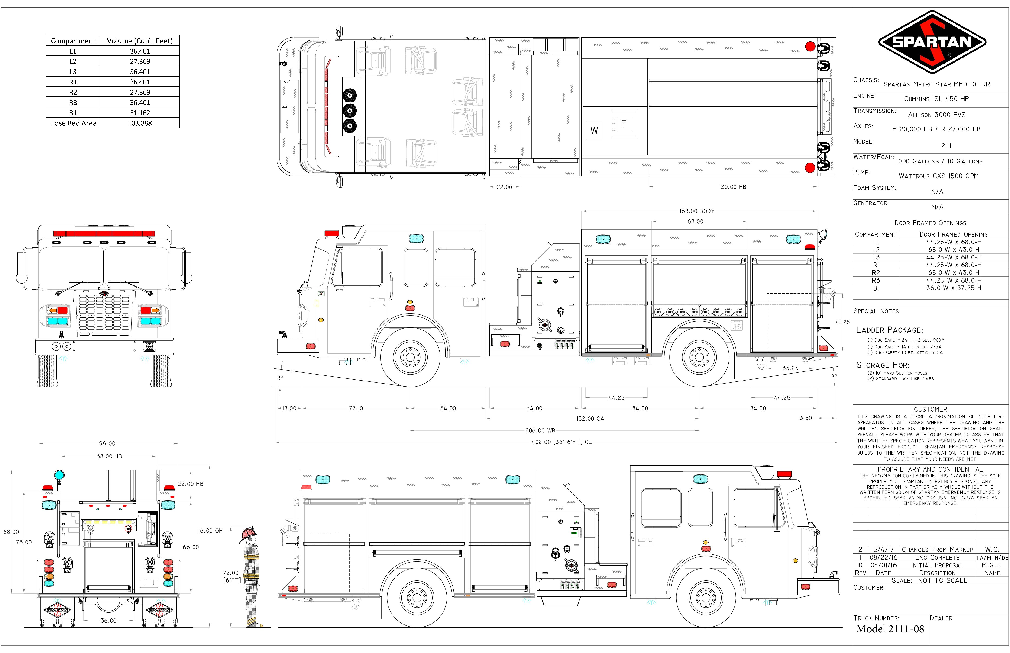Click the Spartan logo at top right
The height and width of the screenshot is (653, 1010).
(x=932, y=42)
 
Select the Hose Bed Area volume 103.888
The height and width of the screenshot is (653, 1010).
(x=140, y=123)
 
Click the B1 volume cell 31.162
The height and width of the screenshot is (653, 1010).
(x=140, y=113)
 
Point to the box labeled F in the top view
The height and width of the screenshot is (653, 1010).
(x=624, y=124)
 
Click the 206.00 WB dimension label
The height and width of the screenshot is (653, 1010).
(x=540, y=430)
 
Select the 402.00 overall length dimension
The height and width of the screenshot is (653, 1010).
(x=561, y=442)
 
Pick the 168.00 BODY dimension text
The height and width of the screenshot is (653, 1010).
(x=697, y=211)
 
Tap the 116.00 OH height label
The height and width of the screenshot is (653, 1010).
(x=209, y=531)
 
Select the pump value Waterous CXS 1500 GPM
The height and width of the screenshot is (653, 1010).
(x=939, y=176)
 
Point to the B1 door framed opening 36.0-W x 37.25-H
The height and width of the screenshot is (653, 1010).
(x=954, y=288)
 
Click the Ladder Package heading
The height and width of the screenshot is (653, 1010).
(x=890, y=330)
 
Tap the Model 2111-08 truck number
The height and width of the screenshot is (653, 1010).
(x=890, y=629)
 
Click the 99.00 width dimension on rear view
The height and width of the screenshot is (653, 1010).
(x=107, y=444)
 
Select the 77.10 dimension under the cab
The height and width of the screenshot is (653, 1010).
(x=356, y=408)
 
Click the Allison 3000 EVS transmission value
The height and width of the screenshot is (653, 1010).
(x=937, y=115)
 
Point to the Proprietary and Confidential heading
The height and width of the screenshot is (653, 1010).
(x=930, y=469)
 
